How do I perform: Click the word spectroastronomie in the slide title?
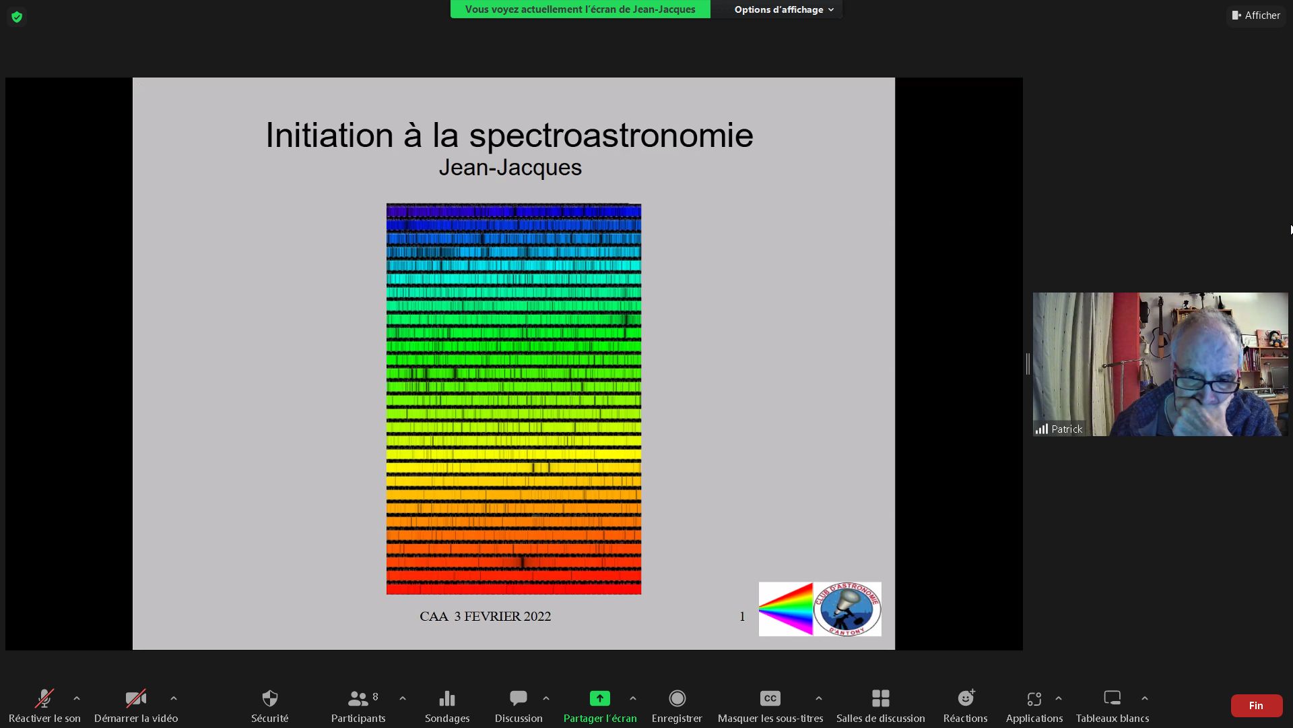[x=611, y=136]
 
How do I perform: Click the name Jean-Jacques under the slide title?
[x=510, y=167]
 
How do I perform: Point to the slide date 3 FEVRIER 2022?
[x=502, y=616]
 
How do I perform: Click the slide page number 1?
[x=742, y=616]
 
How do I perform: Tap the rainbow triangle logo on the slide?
[x=786, y=609]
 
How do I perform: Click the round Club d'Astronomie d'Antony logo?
[x=847, y=609]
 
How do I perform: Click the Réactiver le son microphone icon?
[x=44, y=698]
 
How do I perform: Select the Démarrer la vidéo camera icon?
[x=136, y=698]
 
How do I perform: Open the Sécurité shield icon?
[x=270, y=698]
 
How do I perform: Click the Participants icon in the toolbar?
[x=358, y=698]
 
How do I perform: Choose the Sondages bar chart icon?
[x=447, y=698]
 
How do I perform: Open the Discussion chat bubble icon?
[x=519, y=698]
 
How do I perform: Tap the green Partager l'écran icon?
[x=600, y=698]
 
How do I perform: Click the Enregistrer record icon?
[x=677, y=698]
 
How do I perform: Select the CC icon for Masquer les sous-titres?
[x=770, y=698]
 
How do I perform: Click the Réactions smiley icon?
[x=966, y=698]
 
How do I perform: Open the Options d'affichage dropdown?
[x=784, y=9]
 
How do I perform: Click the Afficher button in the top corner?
[x=1256, y=16]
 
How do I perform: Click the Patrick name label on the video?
[x=1067, y=429]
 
